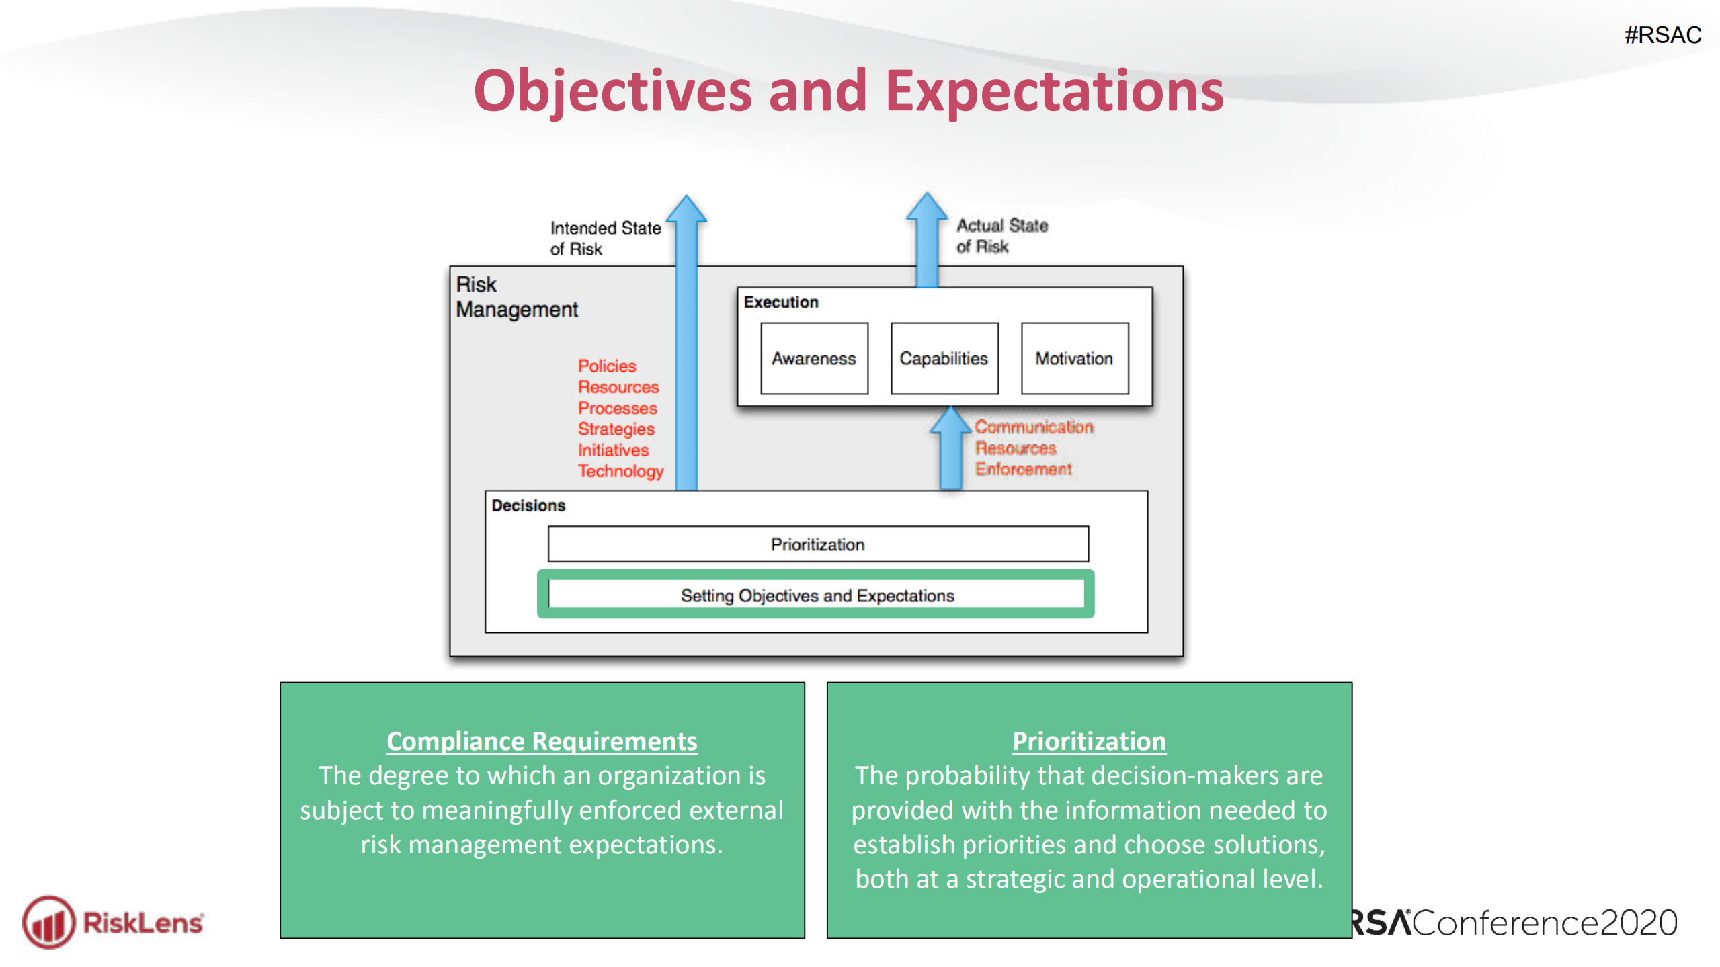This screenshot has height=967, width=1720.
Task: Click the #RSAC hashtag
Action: pyautogui.click(x=1662, y=35)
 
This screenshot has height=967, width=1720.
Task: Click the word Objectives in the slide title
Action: pyautogui.click(x=612, y=91)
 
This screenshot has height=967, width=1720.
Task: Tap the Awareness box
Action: pyautogui.click(x=813, y=358)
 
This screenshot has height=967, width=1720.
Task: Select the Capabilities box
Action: pyautogui.click(x=944, y=358)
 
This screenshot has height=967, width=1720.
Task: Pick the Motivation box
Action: pyautogui.click(x=1073, y=358)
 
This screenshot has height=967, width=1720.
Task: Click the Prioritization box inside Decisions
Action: pyautogui.click(x=817, y=544)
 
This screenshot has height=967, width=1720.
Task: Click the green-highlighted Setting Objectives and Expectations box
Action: pyautogui.click(x=816, y=595)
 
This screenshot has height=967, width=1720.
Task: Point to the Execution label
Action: pyautogui.click(x=780, y=302)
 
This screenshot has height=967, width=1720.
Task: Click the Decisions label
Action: pyautogui.click(x=528, y=505)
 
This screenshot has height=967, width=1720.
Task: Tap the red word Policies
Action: pyautogui.click(x=606, y=366)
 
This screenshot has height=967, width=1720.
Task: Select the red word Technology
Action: pyautogui.click(x=620, y=471)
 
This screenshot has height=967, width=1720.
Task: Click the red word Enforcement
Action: pyautogui.click(x=1023, y=469)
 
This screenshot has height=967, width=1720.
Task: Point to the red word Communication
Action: pyautogui.click(x=1034, y=427)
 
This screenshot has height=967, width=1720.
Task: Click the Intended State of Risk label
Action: pyautogui.click(x=605, y=238)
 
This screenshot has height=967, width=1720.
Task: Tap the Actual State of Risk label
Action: pyautogui.click(x=1001, y=236)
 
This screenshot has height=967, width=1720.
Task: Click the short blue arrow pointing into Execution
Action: pyautogui.click(x=950, y=449)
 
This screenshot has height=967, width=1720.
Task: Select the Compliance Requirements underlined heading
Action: pyautogui.click(x=542, y=741)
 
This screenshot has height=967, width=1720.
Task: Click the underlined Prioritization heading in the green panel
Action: pyautogui.click(x=1088, y=741)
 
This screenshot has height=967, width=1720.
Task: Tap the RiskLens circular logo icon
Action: pyautogui.click(x=48, y=922)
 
